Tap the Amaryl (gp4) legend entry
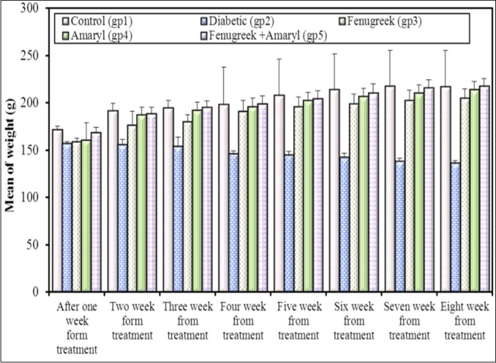pos(96,34)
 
